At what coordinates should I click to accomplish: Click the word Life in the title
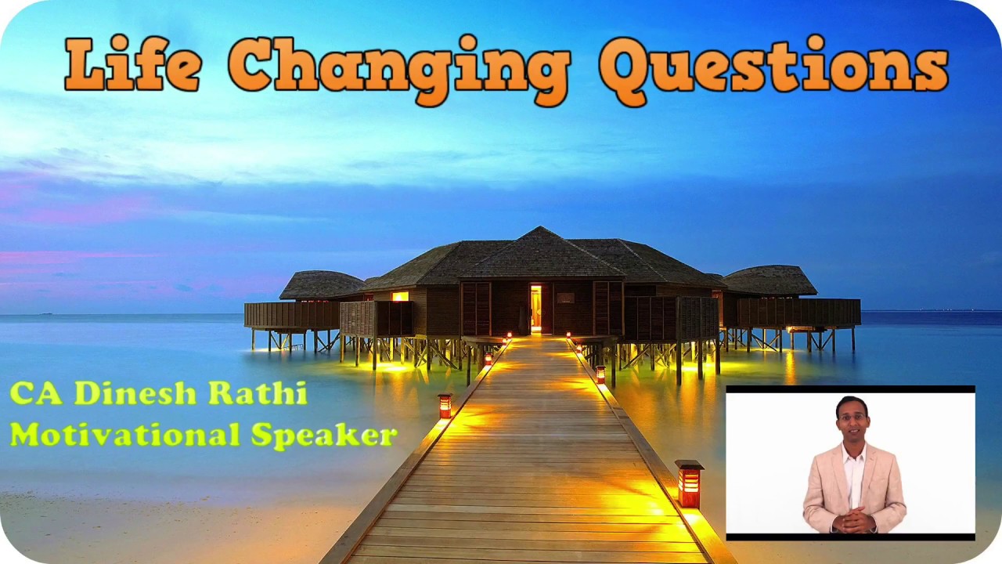(x=133, y=64)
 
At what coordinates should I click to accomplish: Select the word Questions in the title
(x=773, y=67)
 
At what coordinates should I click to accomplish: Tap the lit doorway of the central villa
(x=535, y=307)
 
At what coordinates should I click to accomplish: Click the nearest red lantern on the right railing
(x=689, y=484)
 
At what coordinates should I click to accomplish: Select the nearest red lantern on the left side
(x=445, y=405)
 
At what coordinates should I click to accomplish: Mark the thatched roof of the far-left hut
(x=321, y=284)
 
